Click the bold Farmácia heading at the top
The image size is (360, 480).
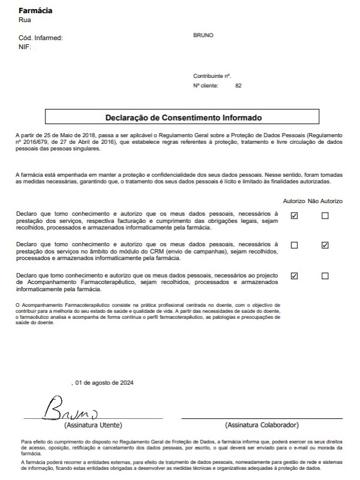pos(35,11)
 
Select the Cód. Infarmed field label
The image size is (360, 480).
pos(41,38)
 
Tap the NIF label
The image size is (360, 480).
pos(25,47)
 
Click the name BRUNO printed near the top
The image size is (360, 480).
pos(203,35)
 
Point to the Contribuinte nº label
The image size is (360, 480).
pos(212,76)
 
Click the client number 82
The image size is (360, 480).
pos(238,86)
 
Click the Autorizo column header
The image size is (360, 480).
pos(294,201)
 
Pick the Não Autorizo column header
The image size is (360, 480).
pos(325,201)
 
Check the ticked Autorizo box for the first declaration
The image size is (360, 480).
pos(294,216)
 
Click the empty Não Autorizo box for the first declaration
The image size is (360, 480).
pos(325,216)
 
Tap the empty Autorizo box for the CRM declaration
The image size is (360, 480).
pos(294,245)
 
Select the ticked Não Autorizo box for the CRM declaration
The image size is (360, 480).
pos(325,245)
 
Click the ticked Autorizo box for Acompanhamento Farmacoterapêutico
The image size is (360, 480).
pos(294,276)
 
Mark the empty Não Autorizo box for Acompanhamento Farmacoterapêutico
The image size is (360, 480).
pos(325,276)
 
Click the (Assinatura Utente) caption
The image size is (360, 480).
pos(93,425)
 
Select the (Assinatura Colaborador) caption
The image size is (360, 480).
pos(262,425)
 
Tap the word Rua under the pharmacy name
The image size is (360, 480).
pos(25,20)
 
